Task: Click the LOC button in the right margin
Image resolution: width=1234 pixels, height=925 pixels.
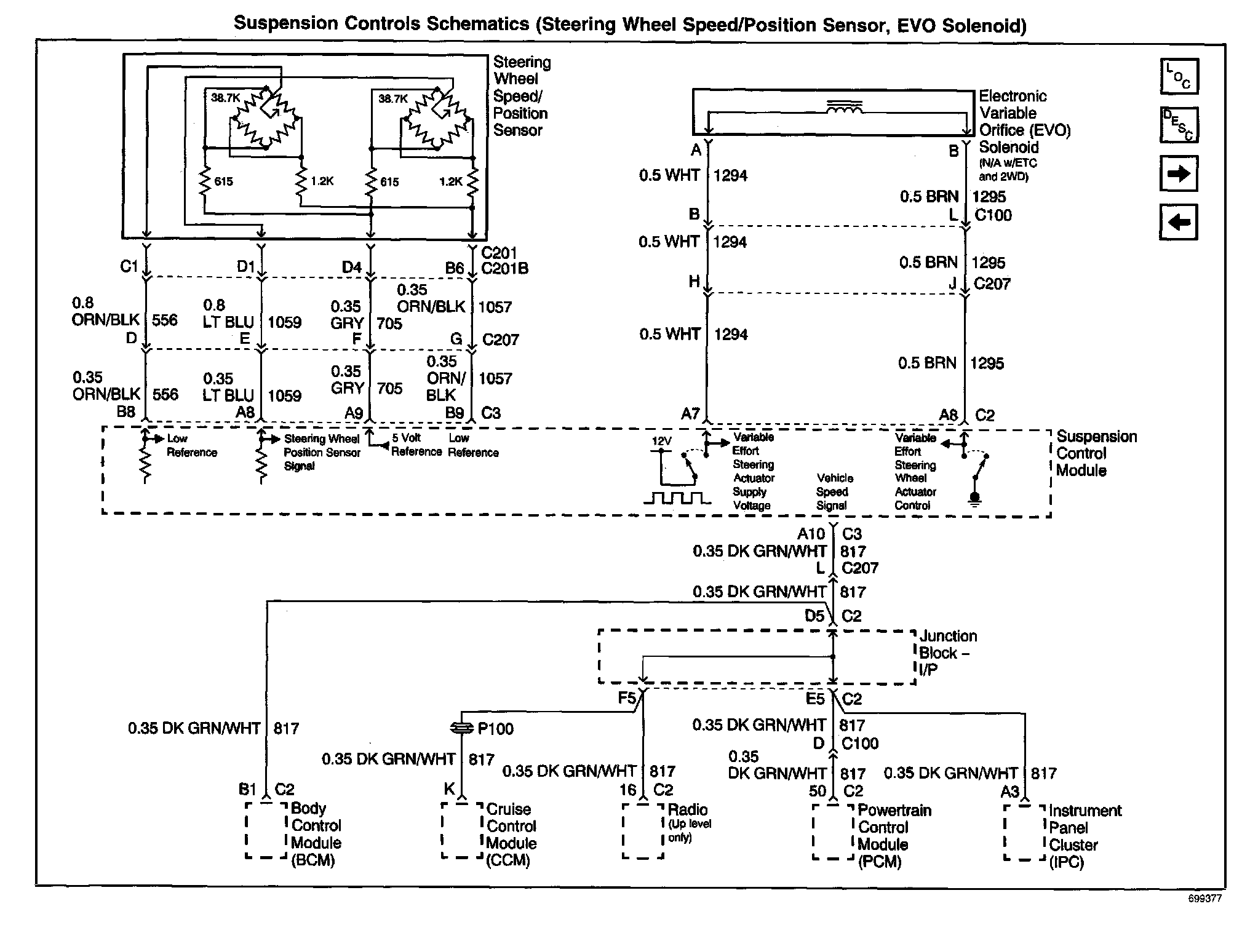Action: [1179, 76]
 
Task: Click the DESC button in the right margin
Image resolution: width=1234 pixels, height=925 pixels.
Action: [1179, 125]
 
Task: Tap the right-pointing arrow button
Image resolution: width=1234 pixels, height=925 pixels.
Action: [1178, 174]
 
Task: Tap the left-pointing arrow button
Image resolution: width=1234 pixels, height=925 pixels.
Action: [1178, 222]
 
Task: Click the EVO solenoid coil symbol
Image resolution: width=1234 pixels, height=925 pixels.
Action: [843, 108]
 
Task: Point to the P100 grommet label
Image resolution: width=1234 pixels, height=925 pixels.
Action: [495, 729]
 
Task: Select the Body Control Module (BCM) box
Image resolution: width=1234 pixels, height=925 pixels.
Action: [266, 830]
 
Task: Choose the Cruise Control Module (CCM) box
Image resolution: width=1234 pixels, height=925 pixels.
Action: [462, 830]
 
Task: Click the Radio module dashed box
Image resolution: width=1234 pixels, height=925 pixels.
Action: [643, 830]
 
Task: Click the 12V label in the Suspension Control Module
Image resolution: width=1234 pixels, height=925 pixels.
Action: [661, 441]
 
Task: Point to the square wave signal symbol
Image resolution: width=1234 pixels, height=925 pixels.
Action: [677, 498]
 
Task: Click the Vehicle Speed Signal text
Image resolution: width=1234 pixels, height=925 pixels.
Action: [834, 491]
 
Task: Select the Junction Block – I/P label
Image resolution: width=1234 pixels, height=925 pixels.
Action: [947, 653]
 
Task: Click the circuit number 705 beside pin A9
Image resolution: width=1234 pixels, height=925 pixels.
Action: [389, 389]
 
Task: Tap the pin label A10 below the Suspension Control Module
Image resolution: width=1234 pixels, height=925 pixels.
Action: [811, 534]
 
